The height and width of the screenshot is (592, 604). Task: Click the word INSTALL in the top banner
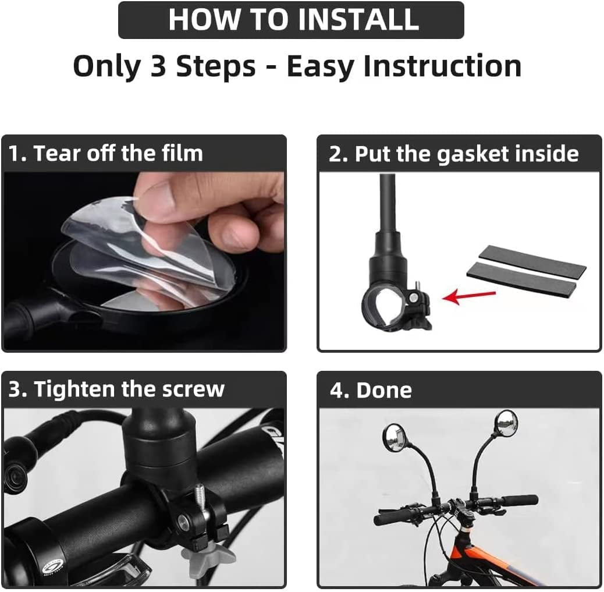point(360,19)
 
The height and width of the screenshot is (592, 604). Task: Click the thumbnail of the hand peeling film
point(144,261)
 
